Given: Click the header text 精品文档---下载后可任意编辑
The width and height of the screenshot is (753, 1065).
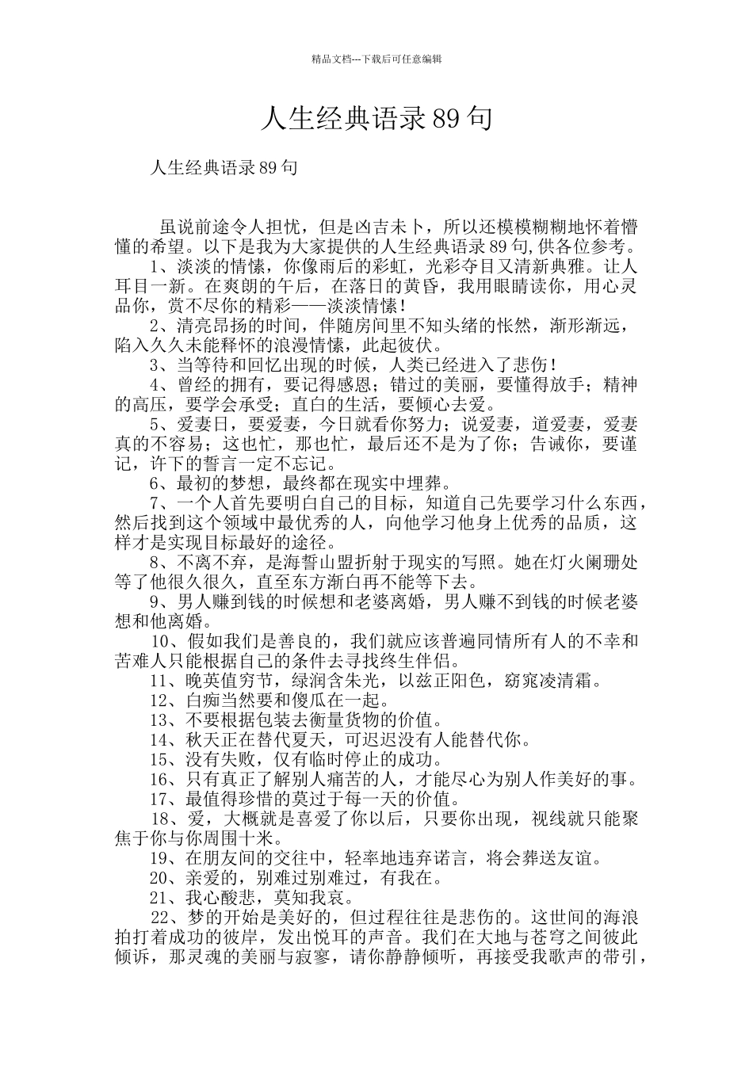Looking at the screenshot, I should click(376, 59).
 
